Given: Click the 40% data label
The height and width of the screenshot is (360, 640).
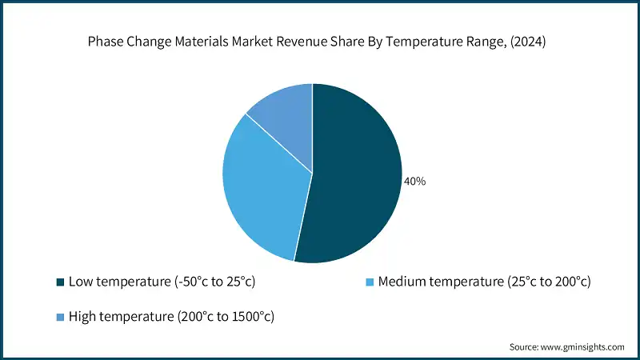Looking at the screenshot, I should coord(415,182).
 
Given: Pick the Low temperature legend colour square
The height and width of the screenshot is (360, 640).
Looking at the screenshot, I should coord(60,282).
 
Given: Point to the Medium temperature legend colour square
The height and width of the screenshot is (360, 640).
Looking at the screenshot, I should coord(369,282).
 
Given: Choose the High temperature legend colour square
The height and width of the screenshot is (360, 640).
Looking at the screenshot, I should coord(60,317).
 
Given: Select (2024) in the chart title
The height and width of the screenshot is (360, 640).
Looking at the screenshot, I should coord(527,42).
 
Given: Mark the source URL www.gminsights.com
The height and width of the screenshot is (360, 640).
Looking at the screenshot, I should coord(584,347).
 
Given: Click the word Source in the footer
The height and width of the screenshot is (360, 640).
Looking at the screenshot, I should coord(525,347).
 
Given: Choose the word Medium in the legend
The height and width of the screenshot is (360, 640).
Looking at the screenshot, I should coord(402,282).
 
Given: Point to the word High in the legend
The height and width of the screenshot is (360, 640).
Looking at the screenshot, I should coord(82,317).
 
